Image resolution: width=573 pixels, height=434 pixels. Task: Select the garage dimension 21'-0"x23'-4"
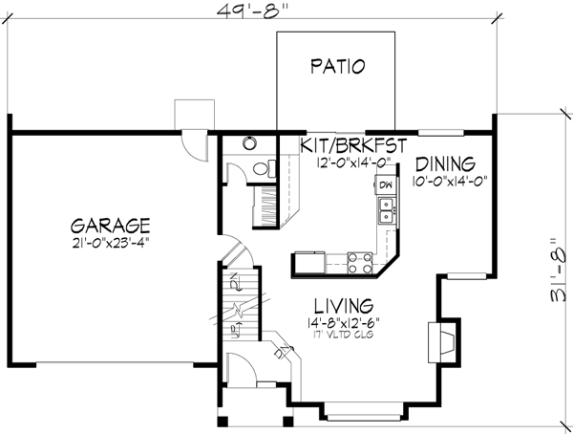point(110,243)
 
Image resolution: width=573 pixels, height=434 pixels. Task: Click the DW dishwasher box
point(386,184)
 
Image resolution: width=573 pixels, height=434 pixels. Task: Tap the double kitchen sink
point(386,210)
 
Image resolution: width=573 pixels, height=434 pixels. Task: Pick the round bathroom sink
point(249,144)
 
